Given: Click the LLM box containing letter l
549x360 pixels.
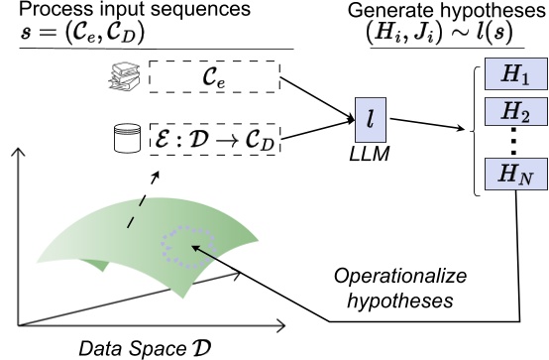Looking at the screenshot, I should [x=370, y=118].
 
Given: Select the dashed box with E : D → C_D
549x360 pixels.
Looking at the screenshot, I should [x=215, y=143].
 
